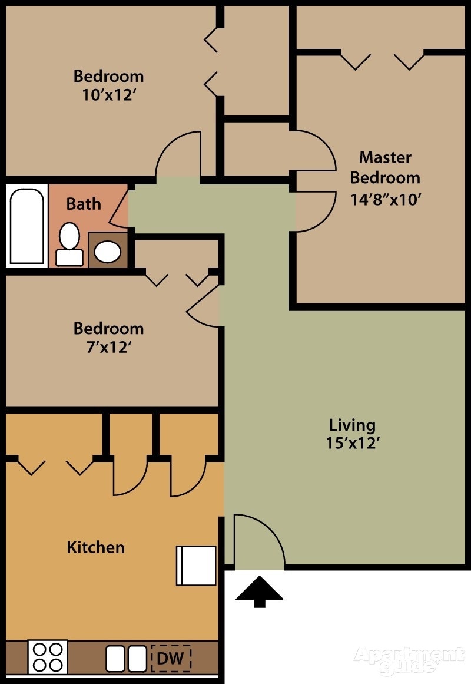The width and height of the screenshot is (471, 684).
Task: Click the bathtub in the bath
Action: point(27,226)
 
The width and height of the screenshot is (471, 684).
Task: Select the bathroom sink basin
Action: point(108,252)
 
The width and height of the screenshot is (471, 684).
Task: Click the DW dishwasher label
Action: point(171,657)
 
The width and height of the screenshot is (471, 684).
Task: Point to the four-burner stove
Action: point(48,657)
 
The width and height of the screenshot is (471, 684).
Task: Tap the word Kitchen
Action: point(95,547)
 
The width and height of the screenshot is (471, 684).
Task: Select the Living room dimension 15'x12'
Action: point(352,443)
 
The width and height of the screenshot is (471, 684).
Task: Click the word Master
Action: point(385,157)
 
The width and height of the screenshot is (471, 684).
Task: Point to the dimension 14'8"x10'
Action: point(385,199)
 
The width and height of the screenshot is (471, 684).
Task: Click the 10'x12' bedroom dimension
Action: point(108,95)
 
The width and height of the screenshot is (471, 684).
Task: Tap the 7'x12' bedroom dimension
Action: point(108,347)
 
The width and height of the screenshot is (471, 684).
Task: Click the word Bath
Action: point(84,204)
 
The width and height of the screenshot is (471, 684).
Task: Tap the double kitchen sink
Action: point(126,657)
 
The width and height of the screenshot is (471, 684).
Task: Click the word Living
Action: point(352,424)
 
